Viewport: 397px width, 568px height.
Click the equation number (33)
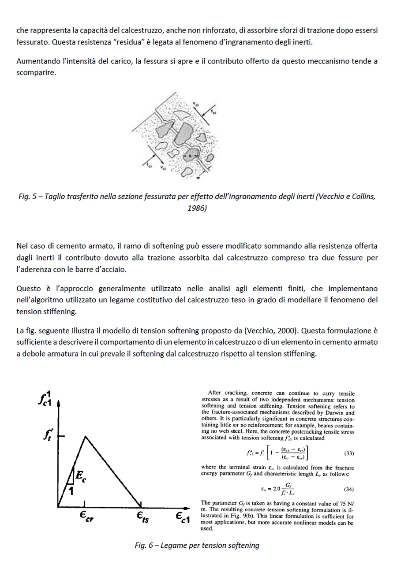pos(348,453)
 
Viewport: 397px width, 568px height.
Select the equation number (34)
pos(348,489)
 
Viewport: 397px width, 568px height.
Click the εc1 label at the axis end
pos(182,517)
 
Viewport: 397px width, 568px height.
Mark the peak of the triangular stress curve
pos(85,437)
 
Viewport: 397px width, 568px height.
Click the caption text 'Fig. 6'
pos(144,546)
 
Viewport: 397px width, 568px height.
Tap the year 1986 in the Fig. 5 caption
pos(197,208)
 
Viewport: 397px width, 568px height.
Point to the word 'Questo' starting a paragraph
pos(28,289)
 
